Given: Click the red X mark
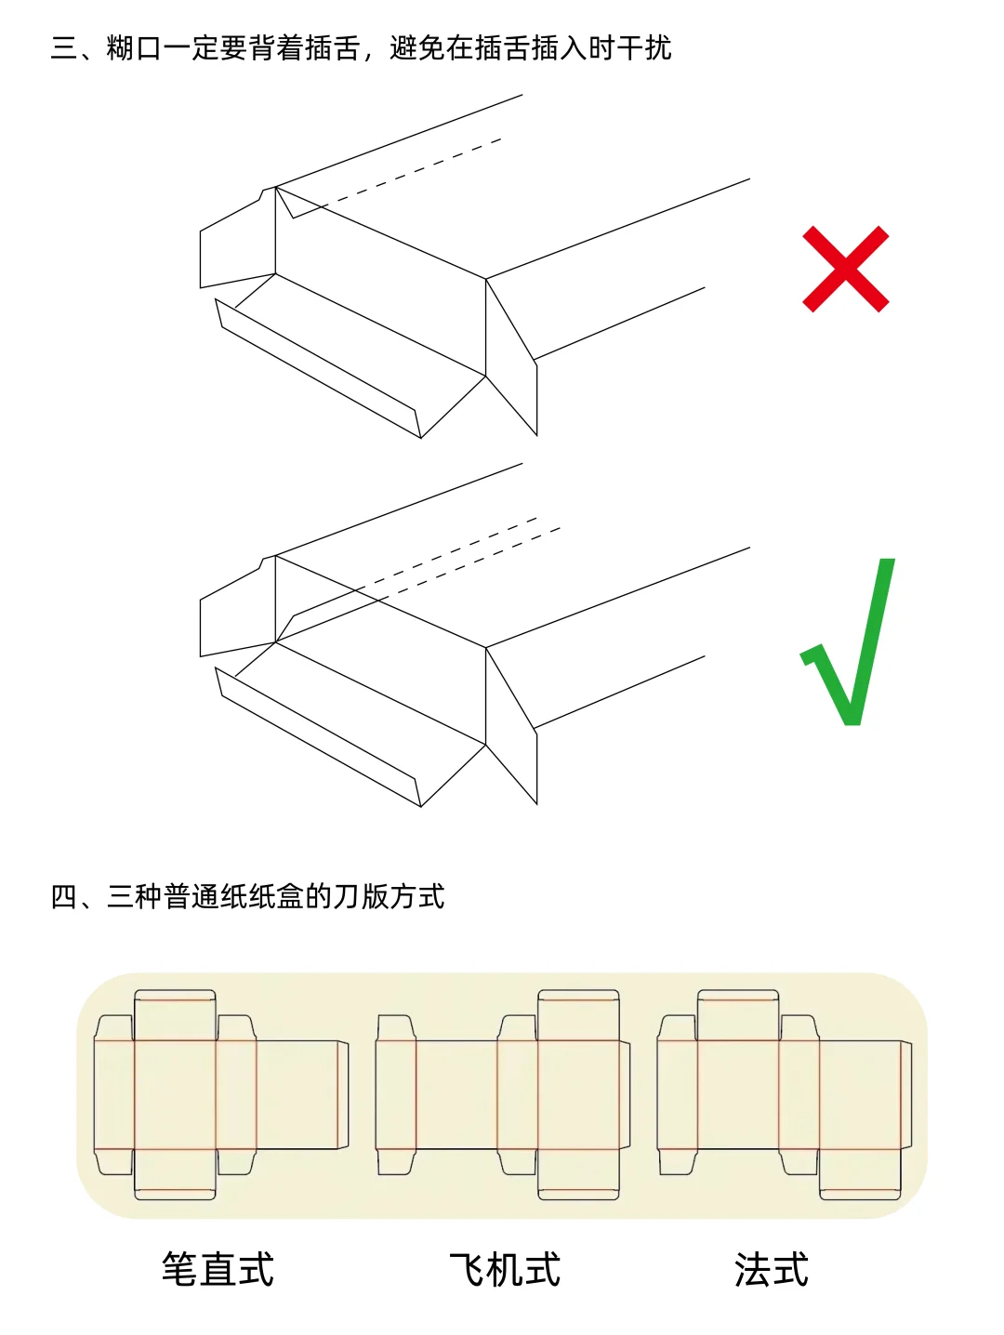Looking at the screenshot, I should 845,269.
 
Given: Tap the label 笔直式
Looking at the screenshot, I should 218,1269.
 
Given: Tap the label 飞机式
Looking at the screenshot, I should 505,1269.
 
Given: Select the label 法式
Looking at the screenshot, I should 772,1269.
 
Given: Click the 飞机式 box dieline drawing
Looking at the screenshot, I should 503,1095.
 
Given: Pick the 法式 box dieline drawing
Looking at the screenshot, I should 784,1095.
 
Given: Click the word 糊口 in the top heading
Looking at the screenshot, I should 135,47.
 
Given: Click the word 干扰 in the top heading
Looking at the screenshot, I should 643,47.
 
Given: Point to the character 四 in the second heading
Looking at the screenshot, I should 64,896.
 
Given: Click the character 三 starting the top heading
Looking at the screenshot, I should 64,47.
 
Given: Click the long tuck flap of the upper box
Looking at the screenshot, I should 316,367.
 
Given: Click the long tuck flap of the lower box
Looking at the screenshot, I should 316,736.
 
